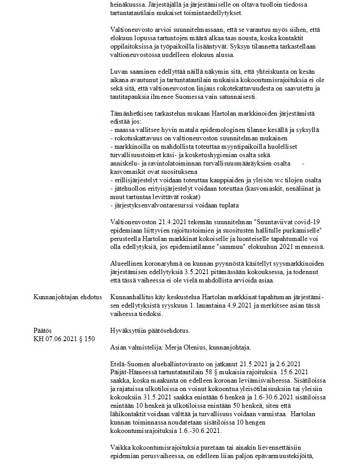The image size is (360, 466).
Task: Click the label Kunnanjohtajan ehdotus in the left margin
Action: pyautogui.click(x=67, y=297)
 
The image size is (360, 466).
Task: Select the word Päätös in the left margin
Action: pyautogui.click(x=43, y=330)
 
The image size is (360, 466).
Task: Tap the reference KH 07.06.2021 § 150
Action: pyautogui.click(x=64, y=338)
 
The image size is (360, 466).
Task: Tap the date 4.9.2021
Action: pyautogui.click(x=253, y=305)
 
